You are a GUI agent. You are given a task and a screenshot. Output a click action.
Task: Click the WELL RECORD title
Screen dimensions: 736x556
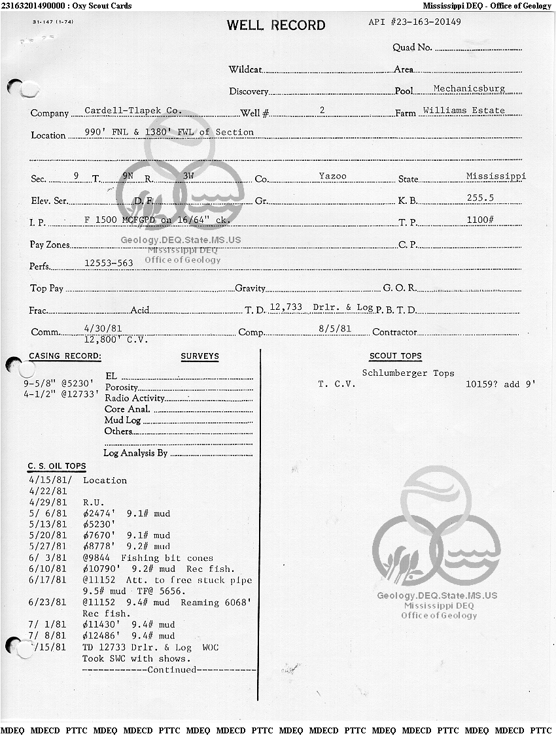(x=275, y=25)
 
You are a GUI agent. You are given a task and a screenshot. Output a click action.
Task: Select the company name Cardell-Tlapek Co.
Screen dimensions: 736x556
(x=133, y=111)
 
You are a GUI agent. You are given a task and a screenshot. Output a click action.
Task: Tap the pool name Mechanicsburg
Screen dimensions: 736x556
(x=469, y=88)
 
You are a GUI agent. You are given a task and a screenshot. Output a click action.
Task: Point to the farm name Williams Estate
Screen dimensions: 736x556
(x=464, y=110)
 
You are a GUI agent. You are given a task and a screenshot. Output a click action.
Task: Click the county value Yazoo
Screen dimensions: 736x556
(x=332, y=176)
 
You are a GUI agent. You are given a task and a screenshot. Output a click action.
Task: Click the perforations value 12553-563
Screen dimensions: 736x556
(x=109, y=263)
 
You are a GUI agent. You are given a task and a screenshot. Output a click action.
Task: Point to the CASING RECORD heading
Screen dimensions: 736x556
(x=65, y=356)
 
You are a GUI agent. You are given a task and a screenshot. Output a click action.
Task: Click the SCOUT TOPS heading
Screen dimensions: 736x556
(x=396, y=356)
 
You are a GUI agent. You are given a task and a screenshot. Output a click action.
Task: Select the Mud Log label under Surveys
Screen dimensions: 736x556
(x=122, y=420)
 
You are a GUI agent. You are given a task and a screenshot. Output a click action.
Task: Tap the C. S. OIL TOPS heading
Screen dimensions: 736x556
(x=57, y=466)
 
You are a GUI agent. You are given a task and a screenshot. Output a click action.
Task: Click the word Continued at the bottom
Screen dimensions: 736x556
(x=172, y=669)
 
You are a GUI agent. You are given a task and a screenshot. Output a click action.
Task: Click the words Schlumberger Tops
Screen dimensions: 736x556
(x=408, y=373)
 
